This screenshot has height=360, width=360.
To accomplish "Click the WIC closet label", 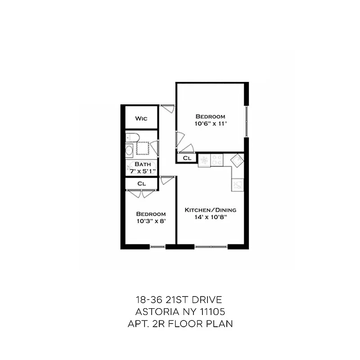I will pos(141,119).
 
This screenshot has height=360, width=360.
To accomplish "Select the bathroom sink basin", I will pos(129,150).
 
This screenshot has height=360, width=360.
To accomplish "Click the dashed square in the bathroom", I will pos(143,148).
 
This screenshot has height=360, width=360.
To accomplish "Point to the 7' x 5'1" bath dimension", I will pos(143,171).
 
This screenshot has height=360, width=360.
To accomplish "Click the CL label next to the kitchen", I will pos(187,158).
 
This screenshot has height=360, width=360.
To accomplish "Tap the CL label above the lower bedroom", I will pos(141,184).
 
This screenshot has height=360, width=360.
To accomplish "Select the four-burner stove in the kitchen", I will pos(217,160).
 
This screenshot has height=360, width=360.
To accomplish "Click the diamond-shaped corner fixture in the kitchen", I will pos(237,159).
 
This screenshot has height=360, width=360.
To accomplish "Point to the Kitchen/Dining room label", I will pos(211,210).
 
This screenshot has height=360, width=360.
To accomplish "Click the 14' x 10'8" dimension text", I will pos(211,217).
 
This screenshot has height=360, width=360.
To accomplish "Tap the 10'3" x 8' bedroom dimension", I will pos(151,220).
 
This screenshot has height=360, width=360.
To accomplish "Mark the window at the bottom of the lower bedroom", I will pos(157,247).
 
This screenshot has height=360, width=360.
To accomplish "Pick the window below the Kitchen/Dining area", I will pos(211,247).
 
